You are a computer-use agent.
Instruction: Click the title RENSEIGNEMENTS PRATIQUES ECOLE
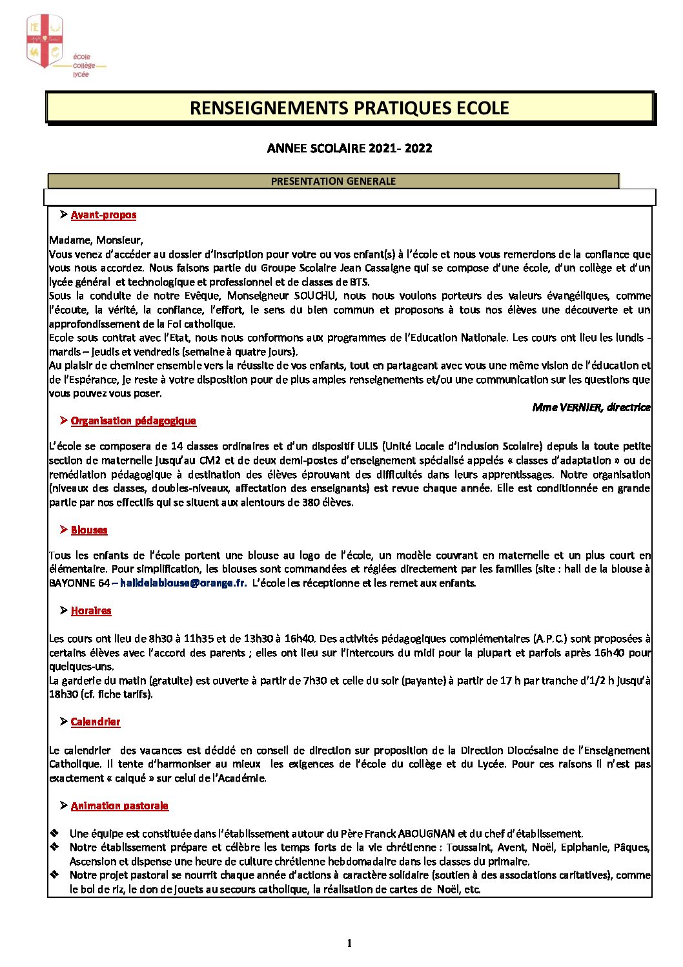(349, 108)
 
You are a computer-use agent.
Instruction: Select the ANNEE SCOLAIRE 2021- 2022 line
(349, 149)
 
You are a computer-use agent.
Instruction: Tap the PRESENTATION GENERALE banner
(333, 182)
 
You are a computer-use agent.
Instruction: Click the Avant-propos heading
(103, 215)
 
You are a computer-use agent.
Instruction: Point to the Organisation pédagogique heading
(133, 421)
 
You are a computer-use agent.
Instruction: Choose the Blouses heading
(89, 530)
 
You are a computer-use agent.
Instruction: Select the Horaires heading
(91, 611)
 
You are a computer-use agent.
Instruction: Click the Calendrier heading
(96, 722)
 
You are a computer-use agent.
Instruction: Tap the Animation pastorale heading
(119, 806)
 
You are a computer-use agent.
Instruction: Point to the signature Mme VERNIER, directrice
(591, 407)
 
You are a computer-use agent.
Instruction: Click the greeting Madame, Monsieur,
(96, 240)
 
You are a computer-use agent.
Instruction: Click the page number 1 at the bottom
(349, 944)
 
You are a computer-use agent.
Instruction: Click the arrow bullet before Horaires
(63, 610)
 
